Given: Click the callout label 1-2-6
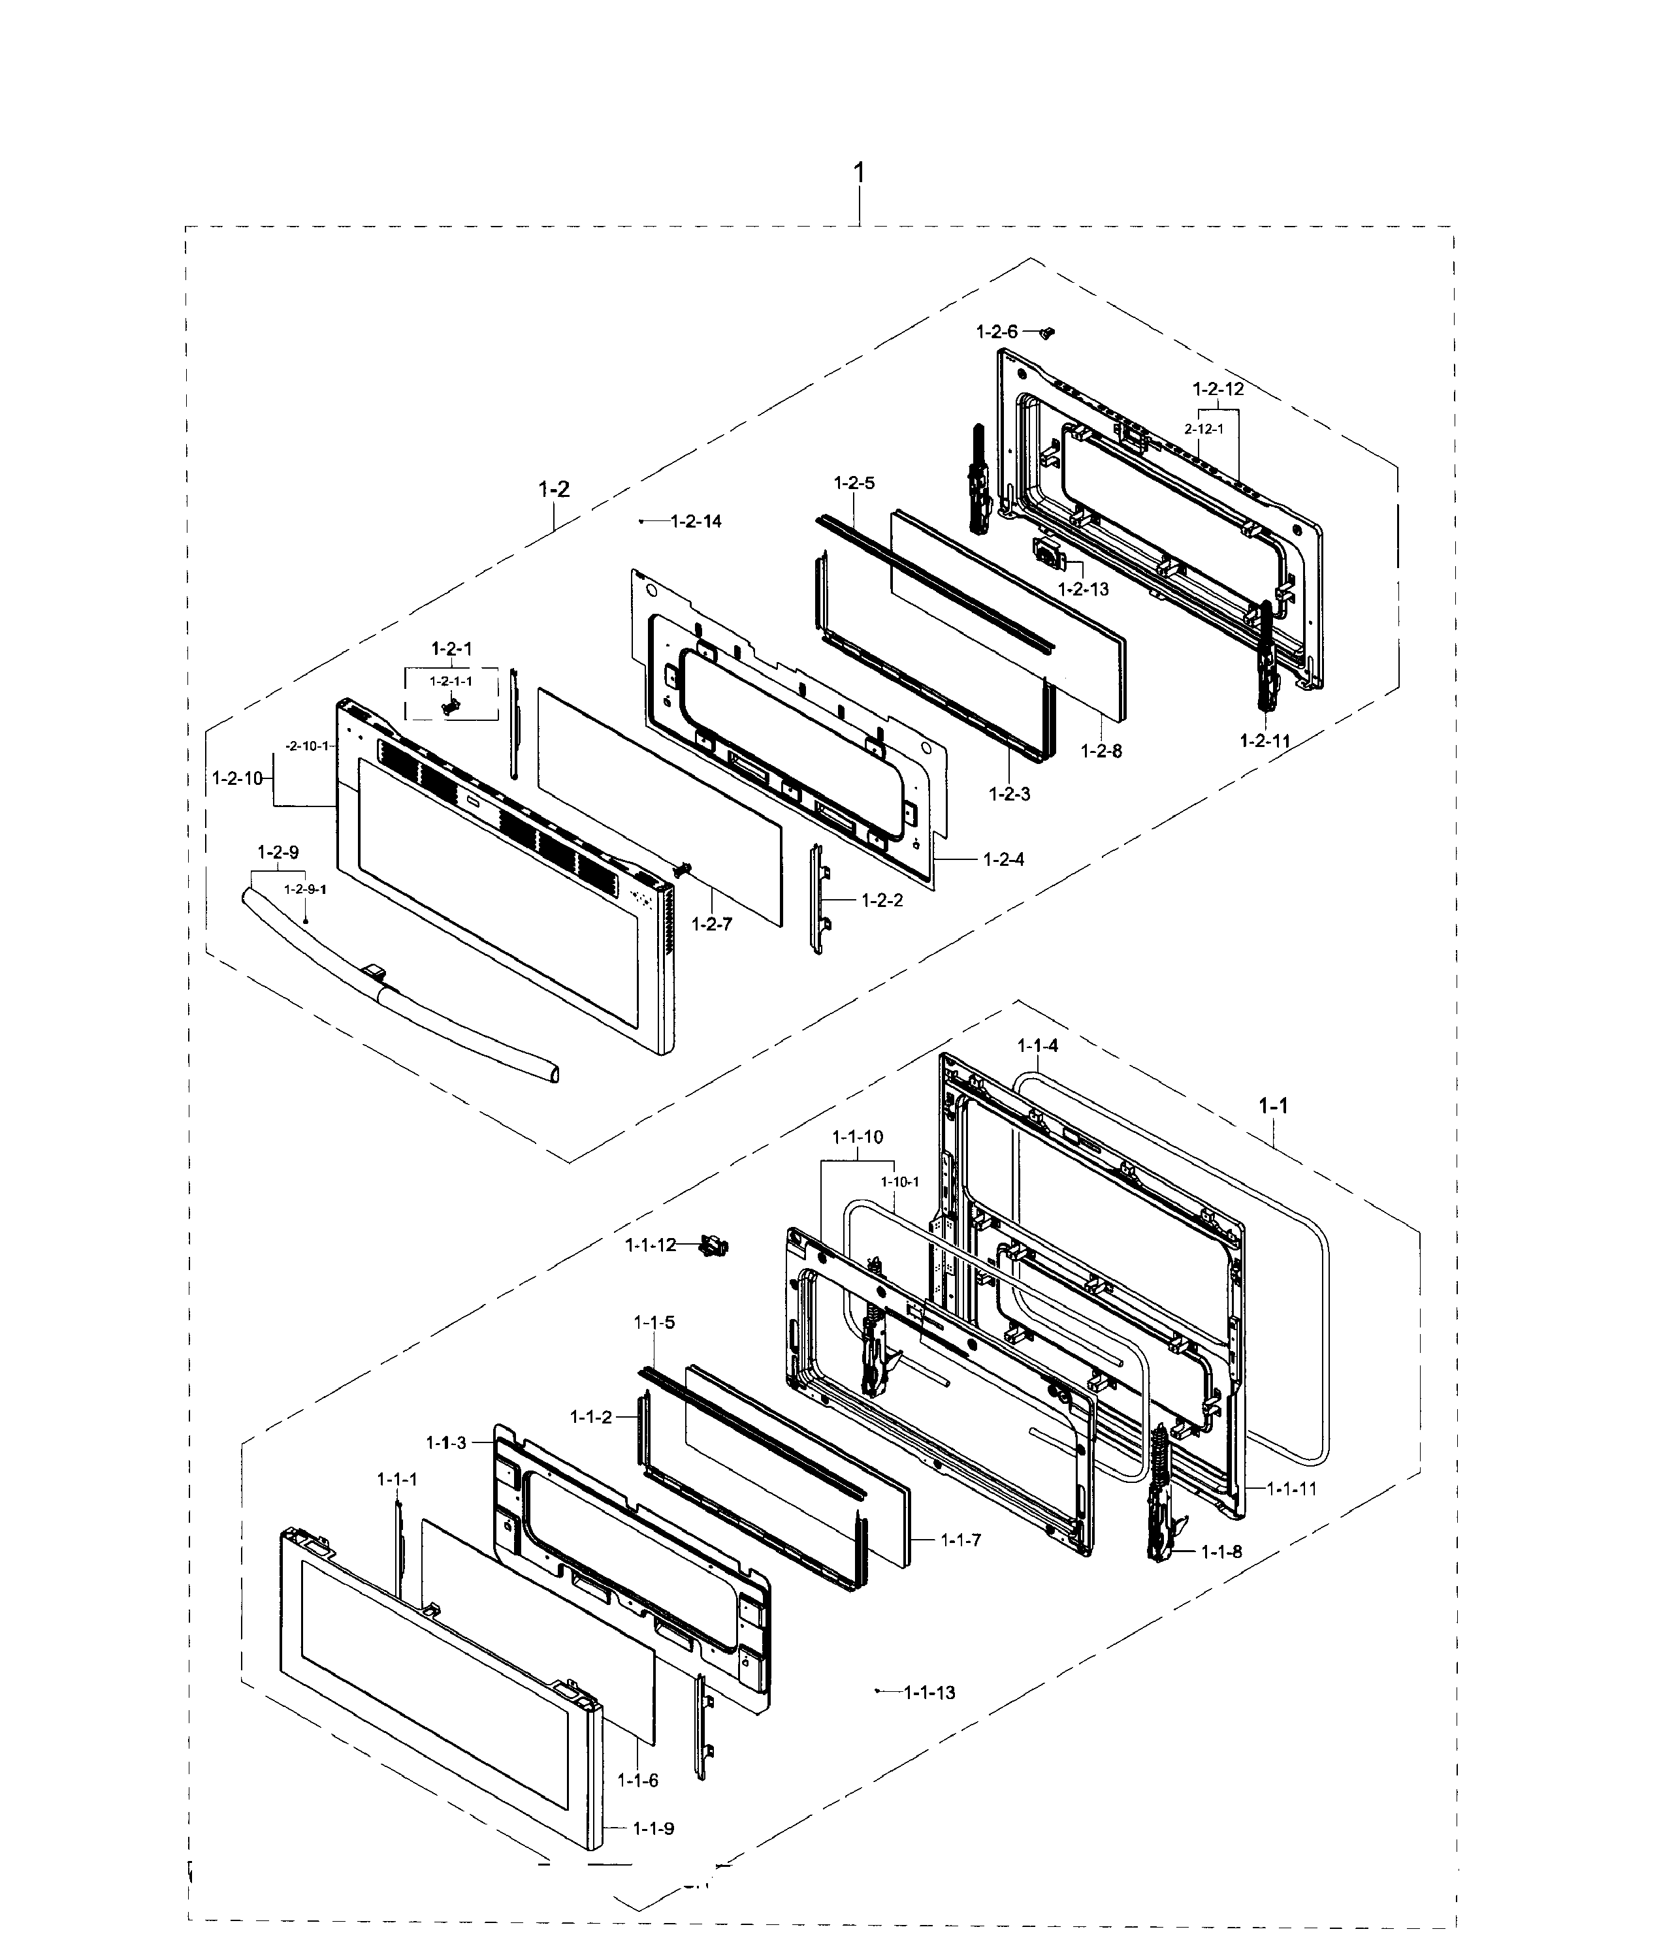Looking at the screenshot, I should click(995, 332).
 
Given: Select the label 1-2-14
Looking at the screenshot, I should click(697, 522).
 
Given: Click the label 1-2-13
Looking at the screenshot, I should click(1084, 589).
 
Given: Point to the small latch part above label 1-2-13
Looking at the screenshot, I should click(1049, 550).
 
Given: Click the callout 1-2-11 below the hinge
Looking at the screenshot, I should click(1265, 740).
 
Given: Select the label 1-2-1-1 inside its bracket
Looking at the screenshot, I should click(451, 680).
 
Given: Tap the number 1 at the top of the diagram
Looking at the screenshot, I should click(859, 174).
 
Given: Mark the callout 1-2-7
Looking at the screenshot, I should click(711, 924).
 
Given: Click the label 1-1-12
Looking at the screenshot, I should click(650, 1245).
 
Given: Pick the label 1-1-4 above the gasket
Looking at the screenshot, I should click(1037, 1046).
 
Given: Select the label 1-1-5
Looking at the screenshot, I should click(654, 1323).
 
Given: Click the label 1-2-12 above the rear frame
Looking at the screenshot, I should click(1218, 389).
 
